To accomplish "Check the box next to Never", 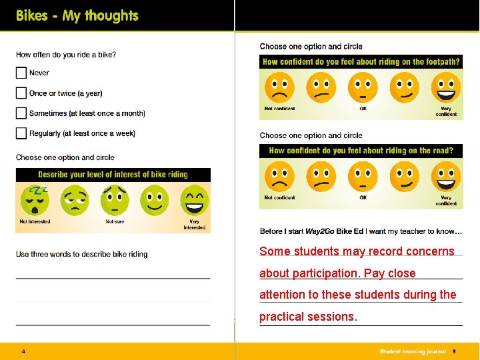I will click(21, 73).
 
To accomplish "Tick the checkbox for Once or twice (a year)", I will click(21, 93).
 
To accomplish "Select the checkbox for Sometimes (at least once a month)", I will click(21, 113).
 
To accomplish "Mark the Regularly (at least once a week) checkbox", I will click(21, 133).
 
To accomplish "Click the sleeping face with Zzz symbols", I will click(34, 199).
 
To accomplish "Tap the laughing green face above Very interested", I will click(194, 199).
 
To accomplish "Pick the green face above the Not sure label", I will click(114, 199).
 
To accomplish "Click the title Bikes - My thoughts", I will click(77, 16).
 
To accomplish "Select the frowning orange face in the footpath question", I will click(279, 87).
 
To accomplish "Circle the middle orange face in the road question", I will click(363, 177).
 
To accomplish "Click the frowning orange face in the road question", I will click(279, 177).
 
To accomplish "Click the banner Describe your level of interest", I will click(113, 175).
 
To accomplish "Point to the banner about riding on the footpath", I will click(361, 62).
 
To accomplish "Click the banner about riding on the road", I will click(361, 151).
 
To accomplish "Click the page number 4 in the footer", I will click(23, 351).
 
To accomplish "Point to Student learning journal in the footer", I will click(412, 351).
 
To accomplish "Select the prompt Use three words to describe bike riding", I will click(82, 254).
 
